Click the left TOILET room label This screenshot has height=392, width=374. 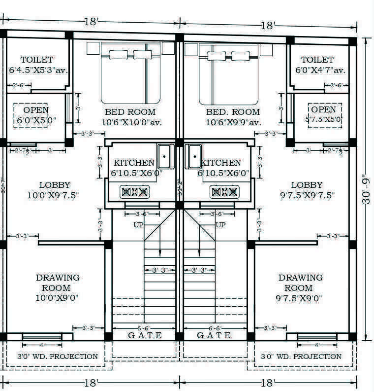[x=37, y=60]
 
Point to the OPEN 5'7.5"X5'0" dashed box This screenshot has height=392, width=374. [x=324, y=115]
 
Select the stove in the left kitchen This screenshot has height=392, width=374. [x=134, y=192]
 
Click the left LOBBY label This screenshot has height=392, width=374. [x=54, y=185]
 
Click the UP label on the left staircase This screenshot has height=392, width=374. [x=139, y=225]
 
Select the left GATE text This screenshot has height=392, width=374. [x=145, y=335]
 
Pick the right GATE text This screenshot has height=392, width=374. [x=214, y=335]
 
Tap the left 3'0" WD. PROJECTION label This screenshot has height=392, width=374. [x=58, y=356]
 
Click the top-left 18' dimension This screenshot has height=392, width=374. [x=91, y=22]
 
